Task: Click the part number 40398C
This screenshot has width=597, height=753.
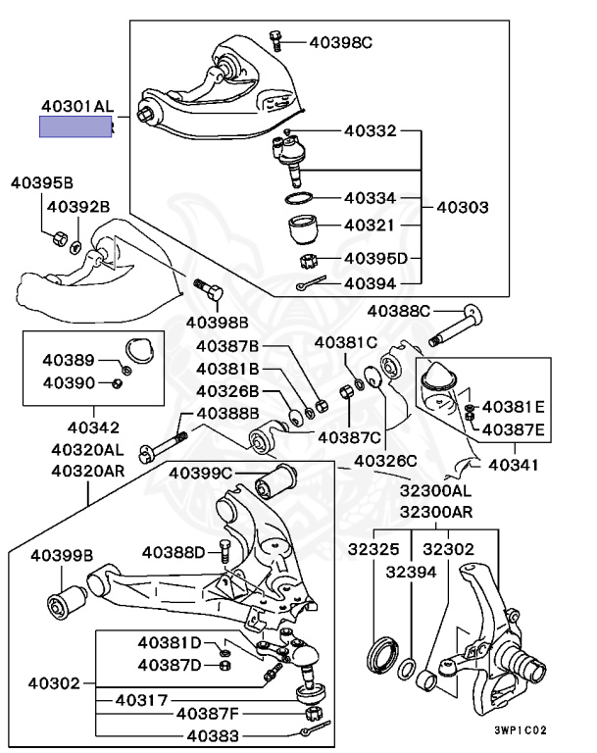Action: [x=340, y=42]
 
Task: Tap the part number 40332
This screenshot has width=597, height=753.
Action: [x=370, y=129]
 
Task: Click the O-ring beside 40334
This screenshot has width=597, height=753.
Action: [x=300, y=200]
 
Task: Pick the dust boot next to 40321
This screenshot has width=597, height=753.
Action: [x=302, y=231]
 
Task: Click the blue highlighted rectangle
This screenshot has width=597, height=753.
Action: [x=75, y=126]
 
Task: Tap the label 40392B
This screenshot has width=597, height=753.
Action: [x=78, y=206]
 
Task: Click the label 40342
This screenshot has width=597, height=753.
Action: [x=93, y=427]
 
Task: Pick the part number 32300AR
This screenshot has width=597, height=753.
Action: [x=435, y=512]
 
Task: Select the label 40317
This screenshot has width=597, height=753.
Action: [x=142, y=700]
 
